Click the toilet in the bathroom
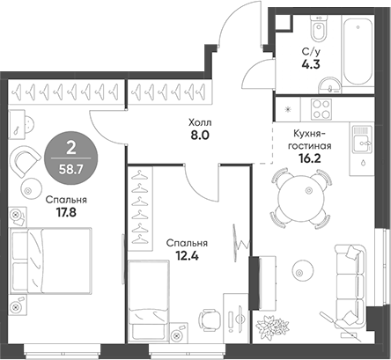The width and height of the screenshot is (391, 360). [319, 28]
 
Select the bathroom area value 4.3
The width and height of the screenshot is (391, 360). [311, 63]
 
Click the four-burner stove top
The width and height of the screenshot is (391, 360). [321, 109]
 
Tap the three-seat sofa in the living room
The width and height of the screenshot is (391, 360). [350, 286]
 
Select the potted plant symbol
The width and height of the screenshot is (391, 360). [272, 326]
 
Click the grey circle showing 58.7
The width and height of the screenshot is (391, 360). [71, 158]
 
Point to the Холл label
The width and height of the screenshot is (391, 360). [201, 122]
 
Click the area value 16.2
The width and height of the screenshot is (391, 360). [310, 158]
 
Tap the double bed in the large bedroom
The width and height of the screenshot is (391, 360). [50, 261]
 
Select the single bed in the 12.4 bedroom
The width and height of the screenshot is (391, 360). [149, 300]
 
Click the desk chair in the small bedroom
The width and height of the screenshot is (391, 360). [210, 320]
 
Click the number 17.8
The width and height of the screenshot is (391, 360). [66, 212]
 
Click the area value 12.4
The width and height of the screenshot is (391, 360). [187, 256]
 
